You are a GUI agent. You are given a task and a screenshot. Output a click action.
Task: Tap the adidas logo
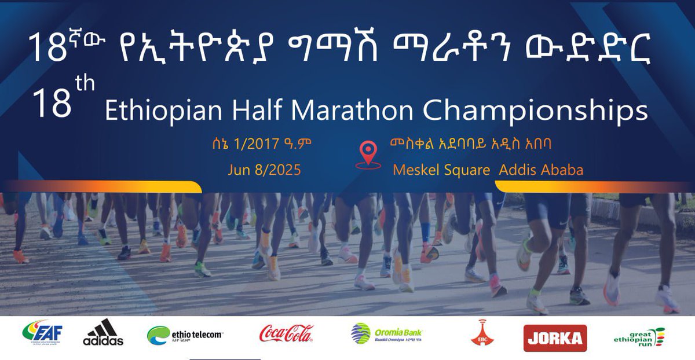click(x=103, y=333)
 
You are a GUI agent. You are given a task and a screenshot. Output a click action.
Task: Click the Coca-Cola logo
click(x=286, y=334)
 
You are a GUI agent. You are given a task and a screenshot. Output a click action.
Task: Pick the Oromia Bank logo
click(x=386, y=334)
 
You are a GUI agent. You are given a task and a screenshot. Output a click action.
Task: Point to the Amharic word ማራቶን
click(x=449, y=47)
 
